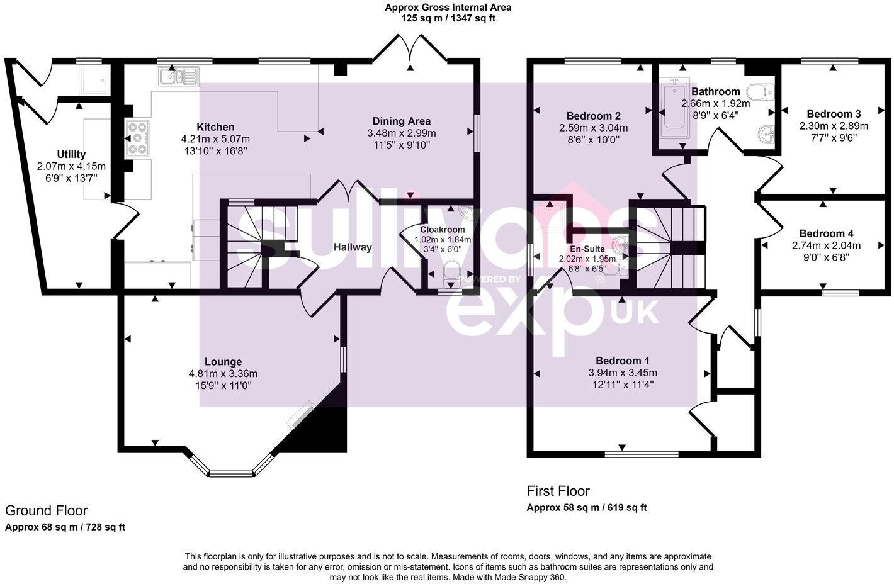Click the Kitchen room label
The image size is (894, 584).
coord(215,127)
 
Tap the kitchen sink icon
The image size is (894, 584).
coord(178,77)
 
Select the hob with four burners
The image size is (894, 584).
coord(138,137)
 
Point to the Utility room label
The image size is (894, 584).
coord(71,154)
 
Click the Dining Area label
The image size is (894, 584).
coord(401,121)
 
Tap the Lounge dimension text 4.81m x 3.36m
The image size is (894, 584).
coord(223,374)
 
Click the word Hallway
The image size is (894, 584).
coord(353,247)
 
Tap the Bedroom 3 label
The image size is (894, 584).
coord(834,114)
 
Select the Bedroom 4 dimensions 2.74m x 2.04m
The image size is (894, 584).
coord(826,245)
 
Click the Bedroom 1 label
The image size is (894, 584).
coord(622,361)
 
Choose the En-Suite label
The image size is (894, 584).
coord(587,249)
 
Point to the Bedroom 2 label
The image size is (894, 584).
coord(593,116)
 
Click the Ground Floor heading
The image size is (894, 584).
coord(46,510)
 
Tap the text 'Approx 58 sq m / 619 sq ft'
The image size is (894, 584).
coord(586,507)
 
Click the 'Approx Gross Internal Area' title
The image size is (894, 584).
coord(448,8)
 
